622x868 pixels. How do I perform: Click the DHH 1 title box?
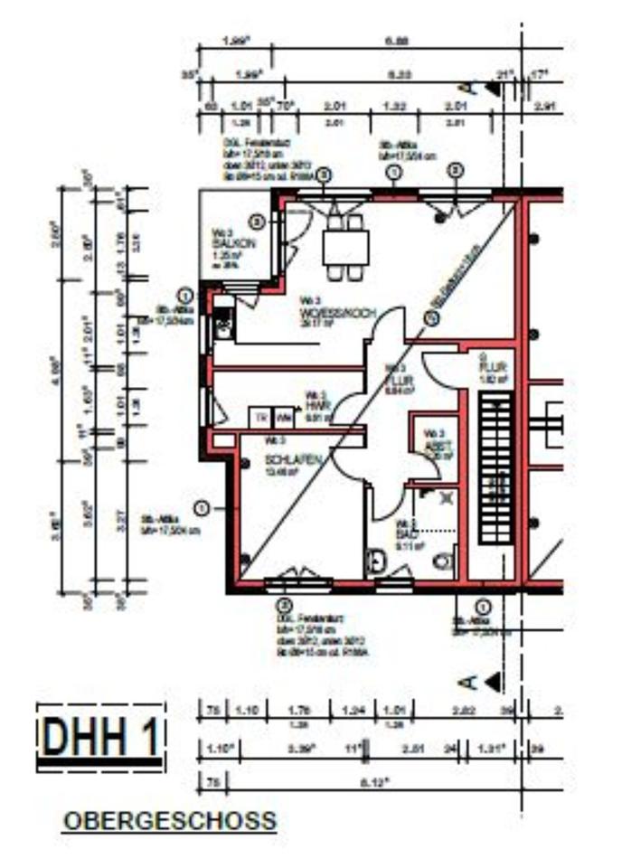tap(101, 737)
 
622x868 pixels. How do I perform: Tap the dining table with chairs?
tap(345, 243)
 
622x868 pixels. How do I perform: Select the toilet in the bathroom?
tap(442, 562)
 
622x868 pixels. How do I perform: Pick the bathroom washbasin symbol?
tap(376, 562)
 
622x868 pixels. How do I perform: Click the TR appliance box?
tap(260, 418)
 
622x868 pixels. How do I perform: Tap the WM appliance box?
tap(282, 418)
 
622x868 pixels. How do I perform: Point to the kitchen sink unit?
tap(222, 322)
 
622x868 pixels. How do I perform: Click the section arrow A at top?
tap(479, 88)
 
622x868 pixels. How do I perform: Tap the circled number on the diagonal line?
tap(432, 317)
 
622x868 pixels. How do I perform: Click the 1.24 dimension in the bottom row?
tap(352, 711)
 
